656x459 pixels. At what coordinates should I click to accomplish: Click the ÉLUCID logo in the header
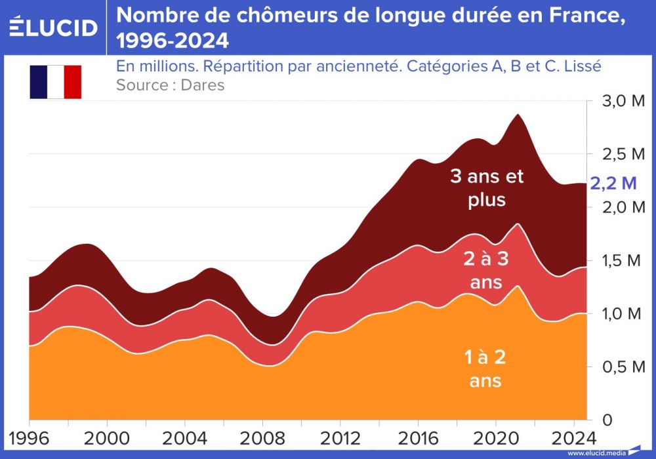53,27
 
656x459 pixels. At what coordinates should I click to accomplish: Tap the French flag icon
55,82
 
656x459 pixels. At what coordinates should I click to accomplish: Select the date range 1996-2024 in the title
173,41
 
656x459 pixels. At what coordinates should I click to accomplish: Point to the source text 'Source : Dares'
170,85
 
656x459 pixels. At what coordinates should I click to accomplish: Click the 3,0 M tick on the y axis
619,102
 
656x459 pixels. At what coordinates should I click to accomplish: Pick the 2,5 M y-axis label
619,155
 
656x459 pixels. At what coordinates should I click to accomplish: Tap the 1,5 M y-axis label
619,261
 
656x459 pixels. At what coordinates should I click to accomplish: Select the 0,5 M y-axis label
619,367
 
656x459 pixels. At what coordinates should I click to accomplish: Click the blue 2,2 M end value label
613,183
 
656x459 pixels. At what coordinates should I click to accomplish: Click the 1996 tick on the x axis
29,437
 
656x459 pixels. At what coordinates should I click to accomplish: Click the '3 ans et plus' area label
487,188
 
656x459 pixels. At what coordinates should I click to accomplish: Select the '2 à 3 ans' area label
486,270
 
